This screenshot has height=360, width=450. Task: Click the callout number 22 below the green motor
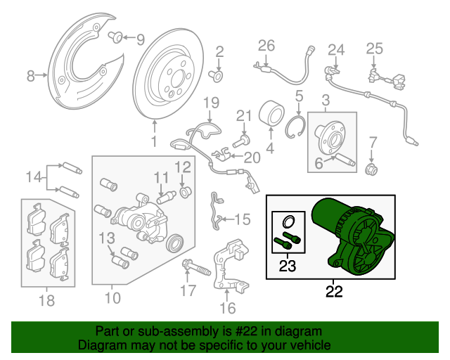click(334, 290)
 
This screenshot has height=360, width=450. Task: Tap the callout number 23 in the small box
click(288, 266)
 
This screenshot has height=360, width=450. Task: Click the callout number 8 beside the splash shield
click(30, 75)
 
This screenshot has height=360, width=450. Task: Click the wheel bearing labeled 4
click(272, 115)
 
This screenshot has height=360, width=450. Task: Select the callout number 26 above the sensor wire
click(266, 46)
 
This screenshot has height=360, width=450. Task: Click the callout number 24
click(337, 50)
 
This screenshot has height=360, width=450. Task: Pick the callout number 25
click(374, 49)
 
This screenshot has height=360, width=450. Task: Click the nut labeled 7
click(373, 169)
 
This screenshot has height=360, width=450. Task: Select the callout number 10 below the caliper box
click(112, 297)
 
